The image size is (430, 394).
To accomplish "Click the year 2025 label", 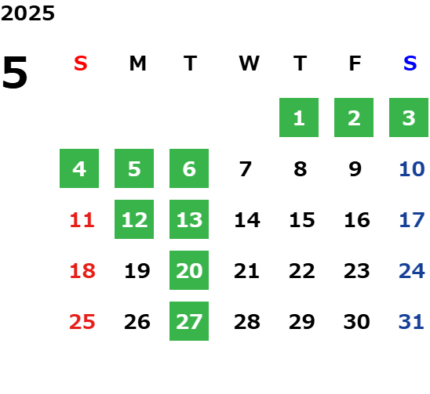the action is pyautogui.click(x=27, y=13).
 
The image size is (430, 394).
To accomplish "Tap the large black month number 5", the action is pyautogui.click(x=15, y=72).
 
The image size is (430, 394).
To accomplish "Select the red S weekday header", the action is pyautogui.click(x=81, y=63).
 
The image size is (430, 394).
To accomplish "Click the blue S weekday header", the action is pyautogui.click(x=410, y=63).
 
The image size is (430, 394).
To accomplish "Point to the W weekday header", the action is pyautogui.click(x=249, y=63).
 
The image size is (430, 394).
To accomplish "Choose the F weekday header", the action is pyautogui.click(x=355, y=63).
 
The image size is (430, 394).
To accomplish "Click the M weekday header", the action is pyautogui.click(x=137, y=63).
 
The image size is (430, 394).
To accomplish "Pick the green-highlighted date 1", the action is pyautogui.click(x=299, y=117).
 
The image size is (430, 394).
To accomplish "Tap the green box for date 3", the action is pyautogui.click(x=409, y=117).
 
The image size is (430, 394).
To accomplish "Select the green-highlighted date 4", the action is pyautogui.click(x=79, y=168).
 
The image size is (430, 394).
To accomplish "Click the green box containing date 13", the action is pyautogui.click(x=189, y=219).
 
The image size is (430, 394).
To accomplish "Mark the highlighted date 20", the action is pyautogui.click(x=189, y=270).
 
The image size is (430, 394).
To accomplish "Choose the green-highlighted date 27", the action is pyautogui.click(x=189, y=321).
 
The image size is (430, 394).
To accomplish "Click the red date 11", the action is pyautogui.click(x=82, y=220).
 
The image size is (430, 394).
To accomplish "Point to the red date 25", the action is pyautogui.click(x=82, y=322).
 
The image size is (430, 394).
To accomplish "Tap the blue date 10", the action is pyautogui.click(x=412, y=169).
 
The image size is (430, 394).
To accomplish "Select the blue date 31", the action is pyautogui.click(x=411, y=322).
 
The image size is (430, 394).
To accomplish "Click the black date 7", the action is pyautogui.click(x=245, y=169).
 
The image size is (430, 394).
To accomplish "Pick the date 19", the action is pyautogui.click(x=137, y=271).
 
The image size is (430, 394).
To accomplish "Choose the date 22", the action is pyautogui.click(x=301, y=271).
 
